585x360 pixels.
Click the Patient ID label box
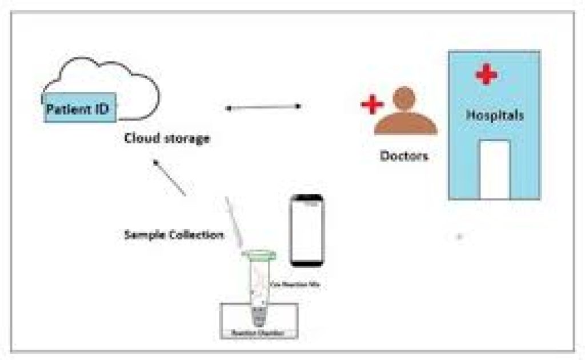[x=81, y=107]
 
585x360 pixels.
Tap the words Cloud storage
[x=167, y=138]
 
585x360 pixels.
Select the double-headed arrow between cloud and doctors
[x=263, y=107]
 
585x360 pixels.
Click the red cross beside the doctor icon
[x=372, y=105]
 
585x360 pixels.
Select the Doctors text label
[x=404, y=155]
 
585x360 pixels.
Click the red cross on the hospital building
[x=486, y=75]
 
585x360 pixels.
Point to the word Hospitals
[x=495, y=115]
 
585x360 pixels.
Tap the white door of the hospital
[x=494, y=169]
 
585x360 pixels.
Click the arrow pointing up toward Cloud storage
[x=170, y=178]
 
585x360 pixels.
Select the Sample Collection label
[x=173, y=235]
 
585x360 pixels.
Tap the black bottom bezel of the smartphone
[x=307, y=262]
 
